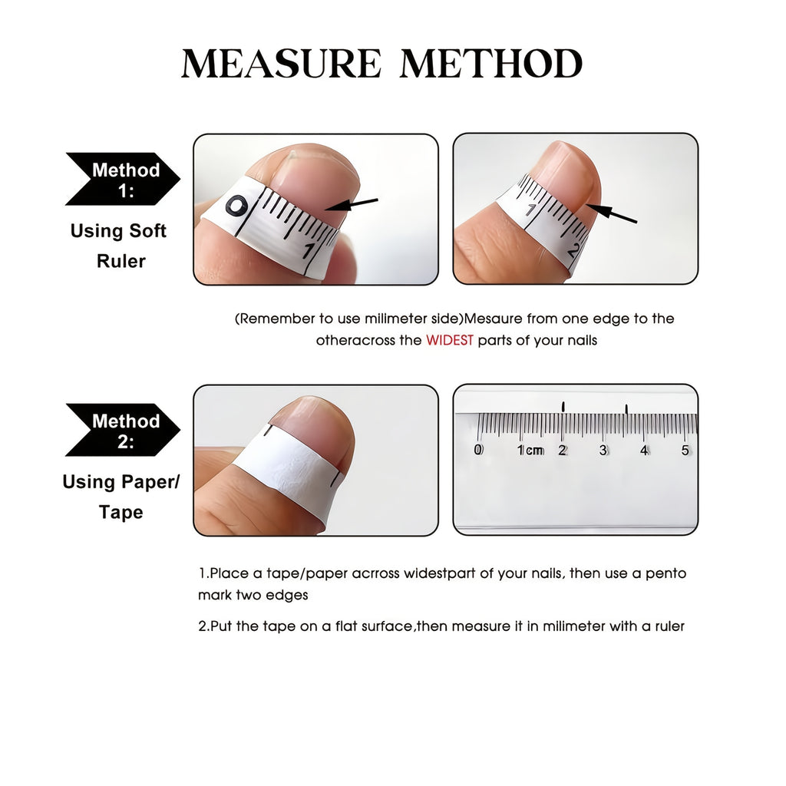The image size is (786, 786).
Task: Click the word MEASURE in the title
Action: [281, 64]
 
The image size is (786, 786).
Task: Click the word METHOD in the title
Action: [491, 64]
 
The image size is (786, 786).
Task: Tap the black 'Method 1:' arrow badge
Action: [123, 179]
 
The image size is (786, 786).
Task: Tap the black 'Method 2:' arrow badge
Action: [123, 430]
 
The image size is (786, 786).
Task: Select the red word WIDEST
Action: [450, 340]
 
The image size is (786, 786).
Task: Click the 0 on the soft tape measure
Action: [236, 206]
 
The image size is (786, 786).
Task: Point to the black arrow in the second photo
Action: [612, 213]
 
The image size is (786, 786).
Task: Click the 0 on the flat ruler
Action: [479, 450]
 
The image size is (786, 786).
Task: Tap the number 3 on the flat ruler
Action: [603, 450]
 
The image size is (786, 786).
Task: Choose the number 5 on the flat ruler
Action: [685, 450]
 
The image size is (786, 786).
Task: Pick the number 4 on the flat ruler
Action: [644, 450]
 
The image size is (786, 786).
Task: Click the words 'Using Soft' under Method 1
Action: [118, 231]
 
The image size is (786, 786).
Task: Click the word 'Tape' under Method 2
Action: [121, 512]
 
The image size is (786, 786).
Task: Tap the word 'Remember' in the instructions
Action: [276, 319]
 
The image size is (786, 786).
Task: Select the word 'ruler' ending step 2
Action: [669, 626]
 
